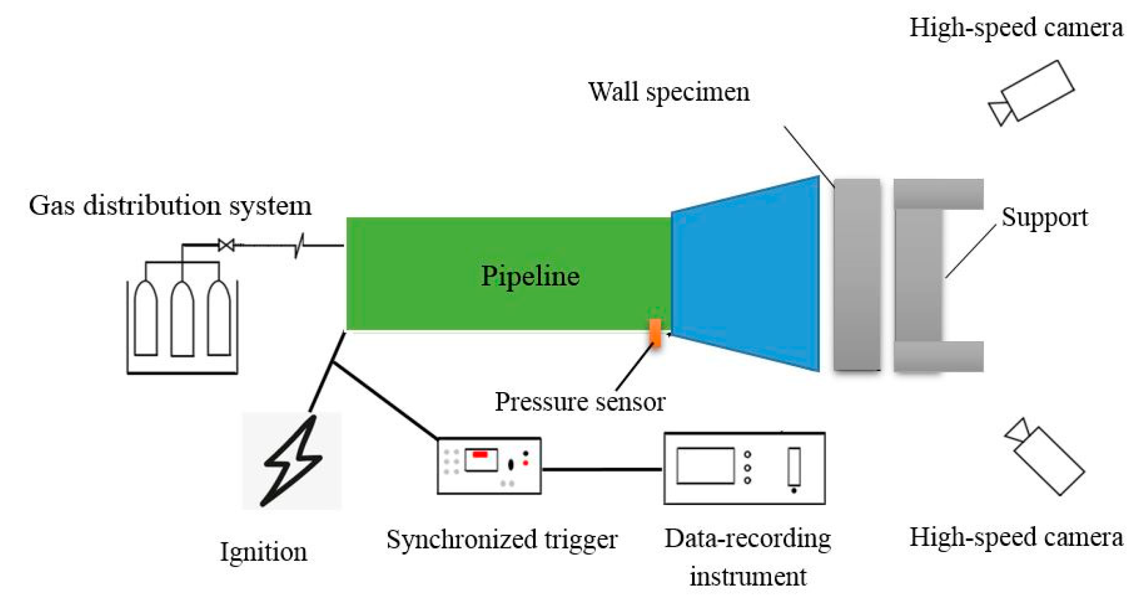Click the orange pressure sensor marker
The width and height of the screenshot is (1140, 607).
click(x=655, y=333)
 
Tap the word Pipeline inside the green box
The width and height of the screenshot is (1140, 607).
click(x=530, y=276)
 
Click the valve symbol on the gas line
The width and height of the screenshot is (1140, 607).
click(x=226, y=245)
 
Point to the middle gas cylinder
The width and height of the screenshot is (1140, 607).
click(x=182, y=318)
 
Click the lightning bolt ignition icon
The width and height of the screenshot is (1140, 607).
click(x=291, y=461)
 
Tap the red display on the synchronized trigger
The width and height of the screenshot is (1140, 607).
click(x=480, y=454)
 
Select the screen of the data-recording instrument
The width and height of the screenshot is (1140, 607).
click(x=705, y=465)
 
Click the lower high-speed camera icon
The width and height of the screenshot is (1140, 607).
click(x=1045, y=456)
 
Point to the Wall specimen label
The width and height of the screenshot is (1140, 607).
click(x=669, y=92)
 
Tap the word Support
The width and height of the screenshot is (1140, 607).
click(x=1044, y=217)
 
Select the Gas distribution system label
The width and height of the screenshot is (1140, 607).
click(x=170, y=206)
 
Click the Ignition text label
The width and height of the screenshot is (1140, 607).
click(x=263, y=551)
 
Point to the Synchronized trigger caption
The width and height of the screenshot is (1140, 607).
click(x=501, y=539)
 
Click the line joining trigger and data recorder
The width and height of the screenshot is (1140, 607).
click(x=602, y=469)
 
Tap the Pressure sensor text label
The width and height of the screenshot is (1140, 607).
click(x=580, y=402)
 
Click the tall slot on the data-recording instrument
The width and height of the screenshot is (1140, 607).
click(x=793, y=466)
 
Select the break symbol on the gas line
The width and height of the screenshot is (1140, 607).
click(x=300, y=245)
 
